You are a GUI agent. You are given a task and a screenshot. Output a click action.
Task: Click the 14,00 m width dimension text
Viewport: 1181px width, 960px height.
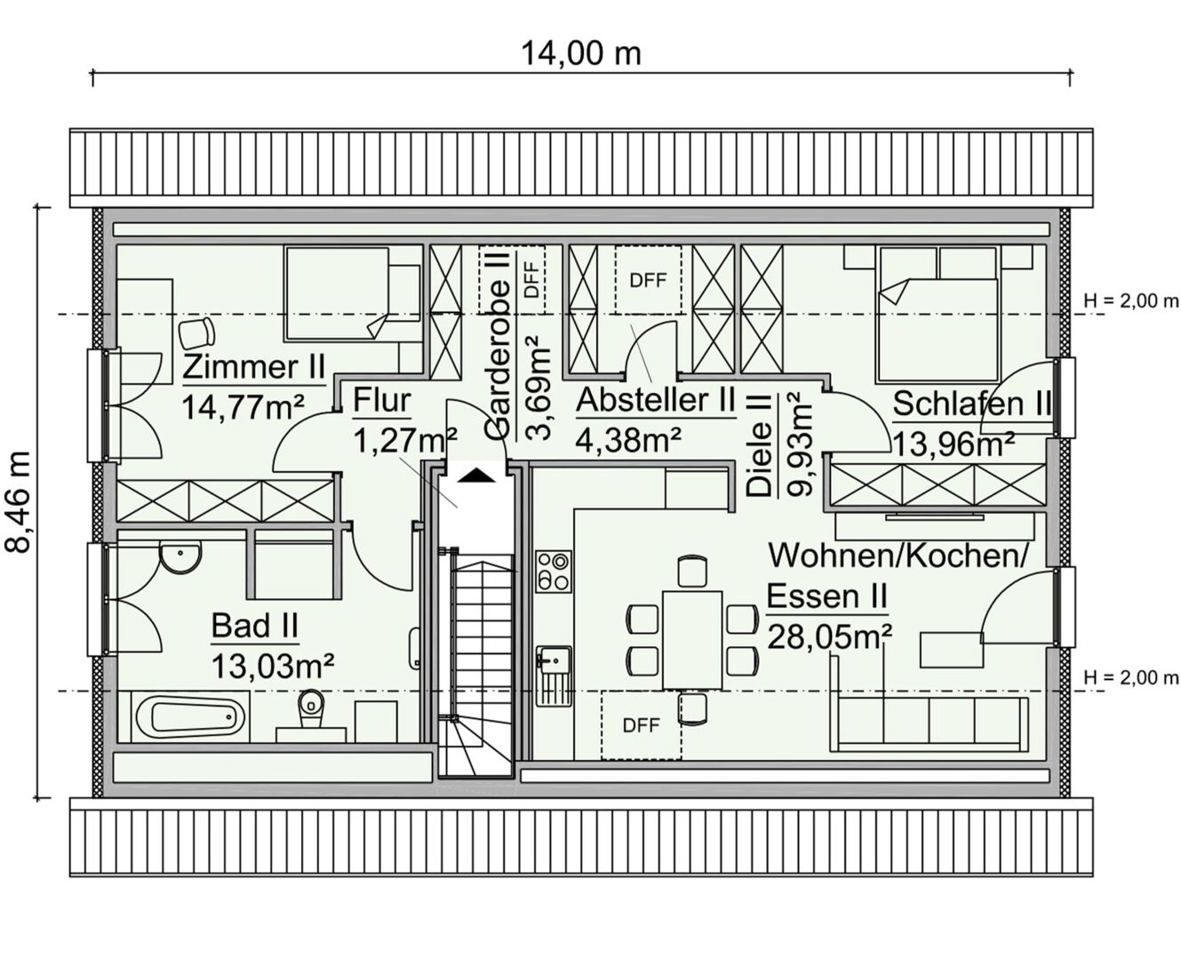point(580,54)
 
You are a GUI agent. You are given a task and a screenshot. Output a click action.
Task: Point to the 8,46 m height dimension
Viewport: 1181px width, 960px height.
point(18,502)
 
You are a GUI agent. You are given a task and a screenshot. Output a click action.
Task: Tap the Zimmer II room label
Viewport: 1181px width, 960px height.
point(253,366)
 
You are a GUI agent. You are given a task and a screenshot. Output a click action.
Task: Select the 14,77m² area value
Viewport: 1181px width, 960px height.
point(243,408)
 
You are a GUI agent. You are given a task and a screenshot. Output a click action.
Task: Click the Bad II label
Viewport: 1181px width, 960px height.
point(254,626)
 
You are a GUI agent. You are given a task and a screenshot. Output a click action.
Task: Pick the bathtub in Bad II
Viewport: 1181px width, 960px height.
point(190,716)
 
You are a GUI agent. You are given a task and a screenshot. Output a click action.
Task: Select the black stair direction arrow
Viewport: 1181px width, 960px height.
point(476,476)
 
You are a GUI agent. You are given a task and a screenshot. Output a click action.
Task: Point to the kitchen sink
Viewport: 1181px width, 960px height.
point(554,676)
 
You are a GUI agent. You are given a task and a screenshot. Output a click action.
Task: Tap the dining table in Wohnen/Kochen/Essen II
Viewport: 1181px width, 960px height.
point(692,640)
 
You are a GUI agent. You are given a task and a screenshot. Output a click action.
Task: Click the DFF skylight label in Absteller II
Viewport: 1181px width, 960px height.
point(648,281)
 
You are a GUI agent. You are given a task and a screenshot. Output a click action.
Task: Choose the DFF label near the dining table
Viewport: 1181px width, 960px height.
point(641,725)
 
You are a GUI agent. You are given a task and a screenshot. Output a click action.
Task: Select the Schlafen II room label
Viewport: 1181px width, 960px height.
point(972,404)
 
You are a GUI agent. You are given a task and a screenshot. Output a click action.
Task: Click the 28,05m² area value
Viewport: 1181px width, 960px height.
point(830,637)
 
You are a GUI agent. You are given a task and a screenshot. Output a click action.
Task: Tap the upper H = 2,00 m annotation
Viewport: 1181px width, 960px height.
point(1131,301)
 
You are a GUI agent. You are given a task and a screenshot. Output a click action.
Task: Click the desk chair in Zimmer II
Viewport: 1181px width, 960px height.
point(196,332)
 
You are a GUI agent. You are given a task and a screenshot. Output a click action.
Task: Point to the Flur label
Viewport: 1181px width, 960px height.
point(382,400)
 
